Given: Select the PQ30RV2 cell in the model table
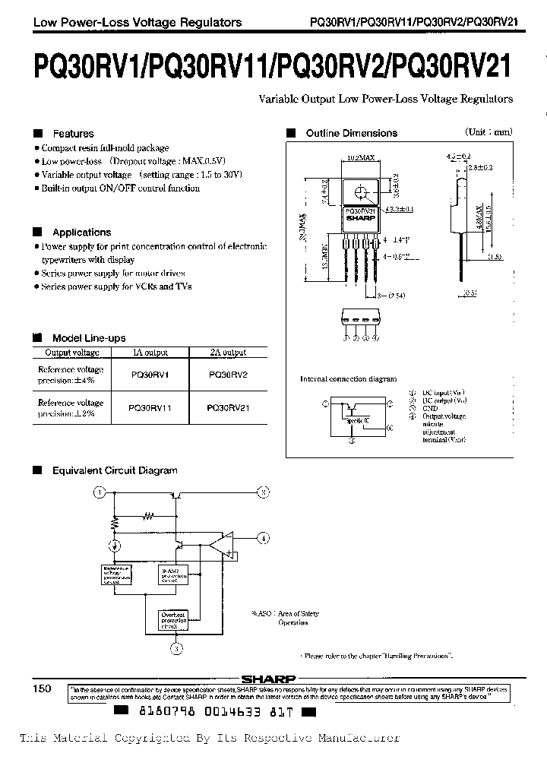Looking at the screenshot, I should pyautogui.click(x=227, y=374).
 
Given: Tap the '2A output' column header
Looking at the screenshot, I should pyautogui.click(x=227, y=353).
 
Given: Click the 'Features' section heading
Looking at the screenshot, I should pyautogui.click(x=73, y=133).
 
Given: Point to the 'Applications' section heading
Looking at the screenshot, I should pyautogui.click(x=81, y=233).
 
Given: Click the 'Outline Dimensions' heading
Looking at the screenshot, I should pyautogui.click(x=351, y=133).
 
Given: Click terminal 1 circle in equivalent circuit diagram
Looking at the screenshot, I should pyautogui.click(x=98, y=492).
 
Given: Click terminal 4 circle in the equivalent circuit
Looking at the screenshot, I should pyautogui.click(x=263, y=539).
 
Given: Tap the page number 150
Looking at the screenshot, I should pyautogui.click(x=42, y=688).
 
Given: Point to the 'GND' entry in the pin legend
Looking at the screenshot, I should pyautogui.click(x=429, y=407).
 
